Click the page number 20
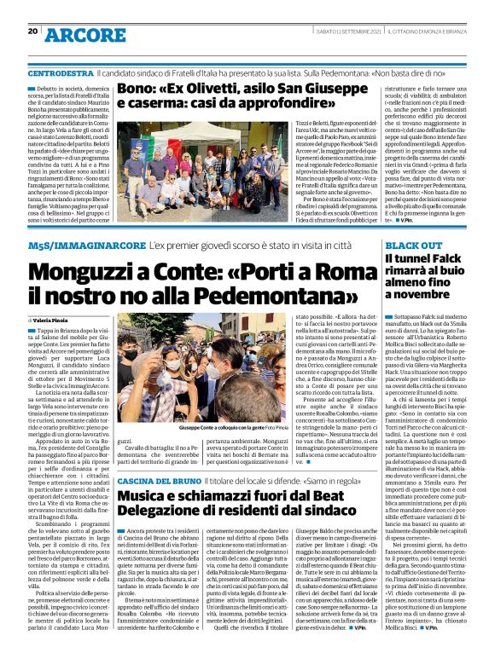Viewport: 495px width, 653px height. click(32, 32)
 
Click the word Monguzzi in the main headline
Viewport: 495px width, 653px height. click(83, 269)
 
